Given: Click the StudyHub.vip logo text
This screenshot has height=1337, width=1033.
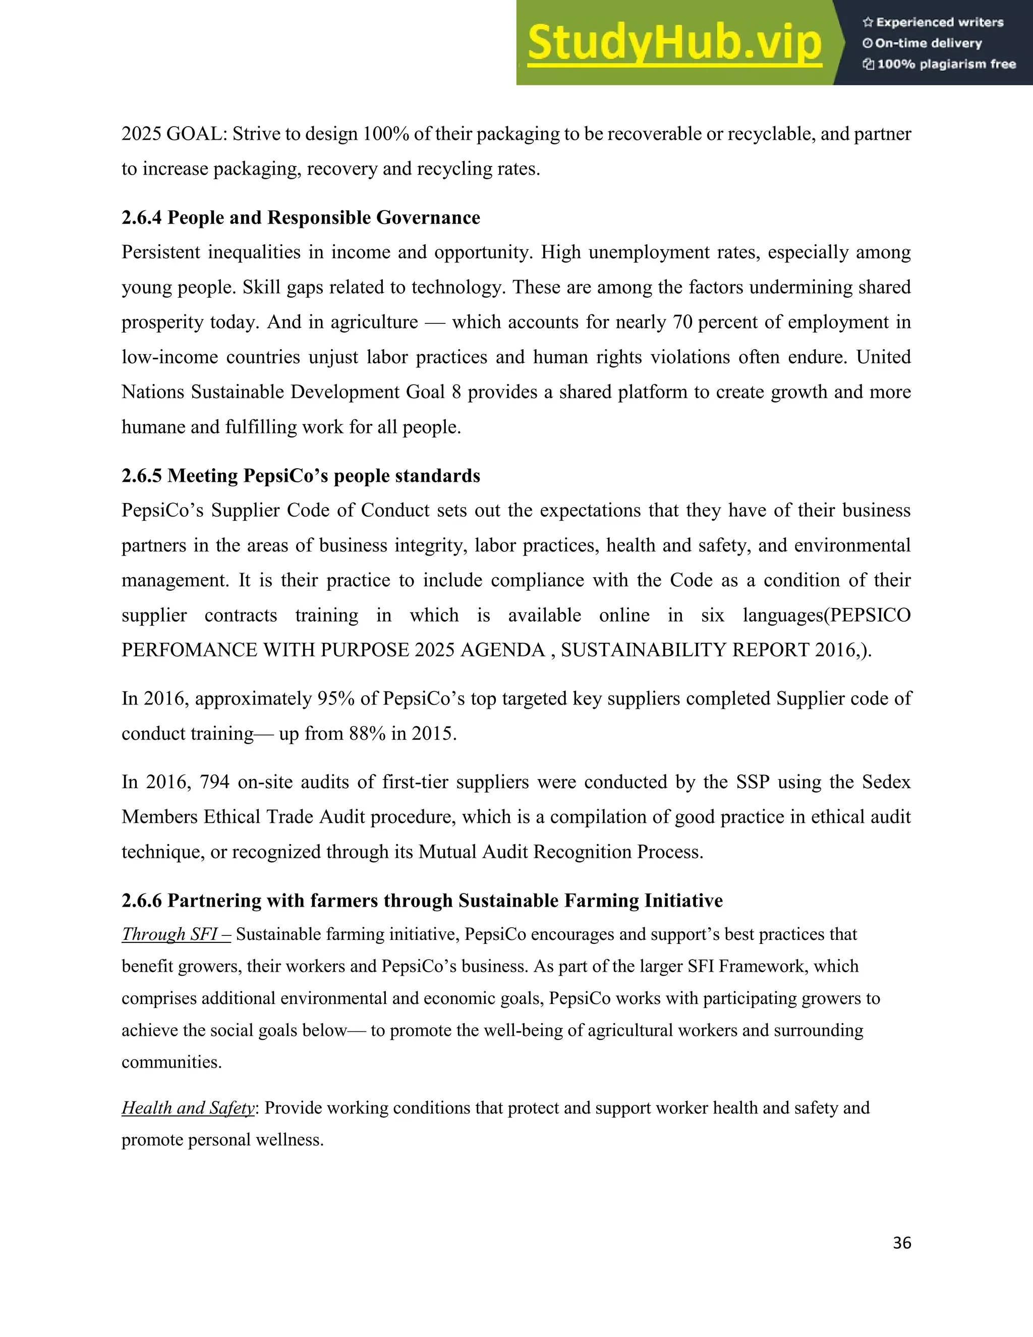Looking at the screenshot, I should click(x=674, y=43).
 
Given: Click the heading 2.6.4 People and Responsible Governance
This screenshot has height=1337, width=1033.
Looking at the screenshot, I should click(x=301, y=218).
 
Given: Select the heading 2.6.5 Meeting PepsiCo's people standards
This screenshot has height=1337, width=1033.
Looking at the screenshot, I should click(x=301, y=476).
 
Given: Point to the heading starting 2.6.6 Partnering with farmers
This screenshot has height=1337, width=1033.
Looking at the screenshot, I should click(x=422, y=901).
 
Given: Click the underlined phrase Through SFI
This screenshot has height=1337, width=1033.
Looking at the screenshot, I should click(x=176, y=934).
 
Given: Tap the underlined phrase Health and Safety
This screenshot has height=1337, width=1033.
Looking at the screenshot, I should click(x=188, y=1107).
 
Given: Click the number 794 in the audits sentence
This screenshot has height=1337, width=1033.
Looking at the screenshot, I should click(x=214, y=783).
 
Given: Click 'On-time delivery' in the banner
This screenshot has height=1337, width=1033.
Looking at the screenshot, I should click(x=928, y=43).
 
